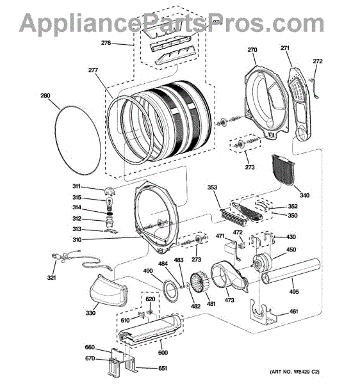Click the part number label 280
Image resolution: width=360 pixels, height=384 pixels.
45,95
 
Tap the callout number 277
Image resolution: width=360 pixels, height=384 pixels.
93,70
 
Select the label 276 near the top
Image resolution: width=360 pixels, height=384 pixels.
106,43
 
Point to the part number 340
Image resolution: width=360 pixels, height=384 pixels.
304,195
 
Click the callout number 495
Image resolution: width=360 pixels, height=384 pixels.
294,291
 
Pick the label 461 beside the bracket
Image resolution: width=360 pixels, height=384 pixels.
293,311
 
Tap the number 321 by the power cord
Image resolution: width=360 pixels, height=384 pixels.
51,278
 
